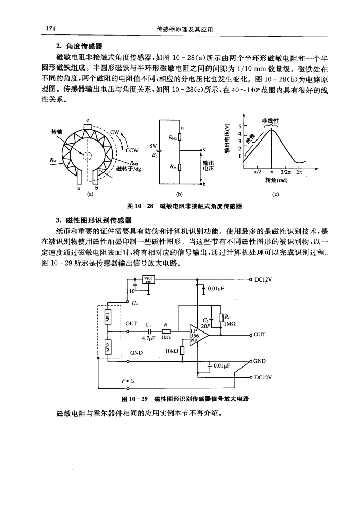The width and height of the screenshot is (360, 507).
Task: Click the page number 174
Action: tap(51, 29)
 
